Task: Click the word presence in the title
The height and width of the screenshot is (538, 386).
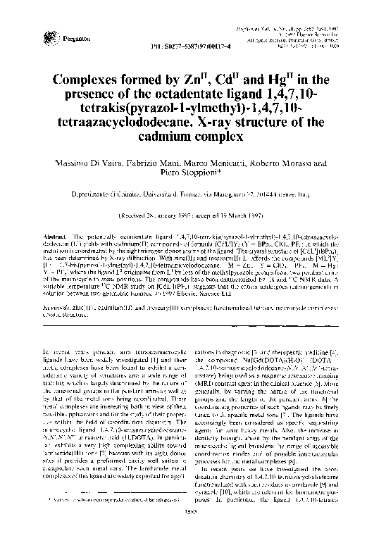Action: pyautogui.click(x=116, y=94)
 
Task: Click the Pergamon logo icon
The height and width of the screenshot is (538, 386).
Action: pyautogui.click(x=48, y=32)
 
